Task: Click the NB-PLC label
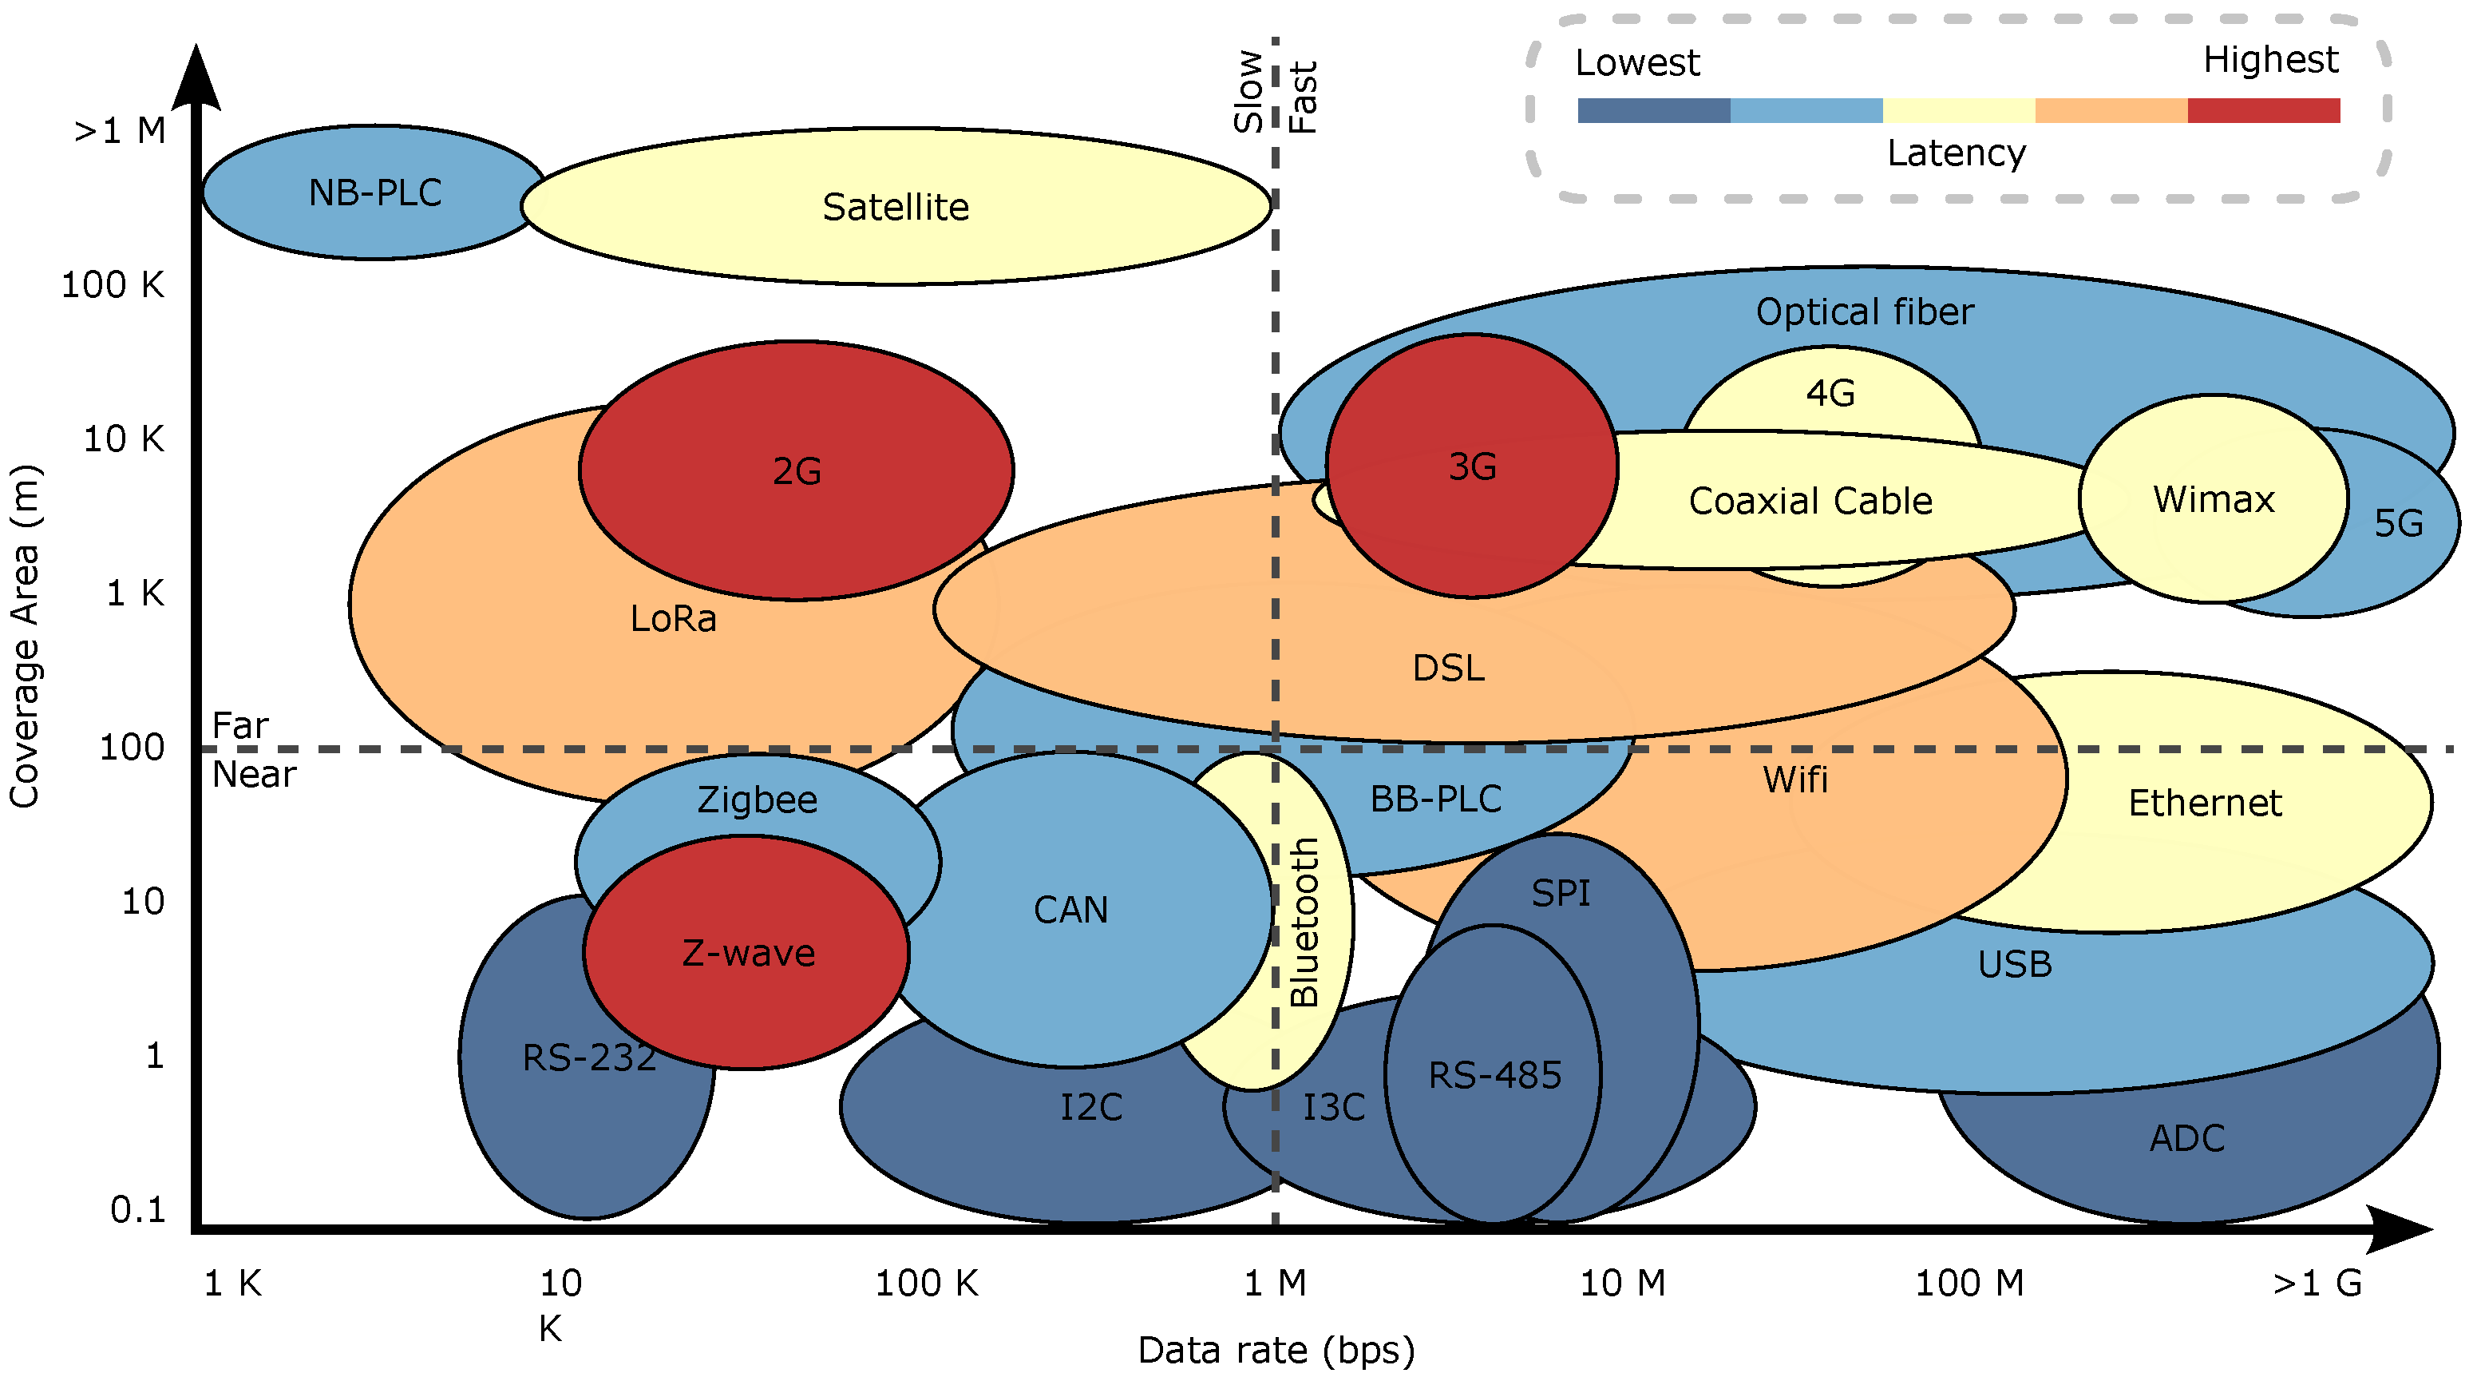coord(374,193)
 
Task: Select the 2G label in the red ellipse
coord(797,470)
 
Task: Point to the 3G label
coord(1472,466)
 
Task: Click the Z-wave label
coord(748,953)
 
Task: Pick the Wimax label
coord(2213,499)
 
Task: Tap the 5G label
coord(2398,523)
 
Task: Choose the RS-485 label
coord(1495,1075)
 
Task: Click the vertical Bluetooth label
coord(1304,922)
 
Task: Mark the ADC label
coord(2187,1138)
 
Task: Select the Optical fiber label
coord(1865,312)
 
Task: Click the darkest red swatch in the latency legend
coord(2263,110)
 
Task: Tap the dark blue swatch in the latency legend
coord(1653,110)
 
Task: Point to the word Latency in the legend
coord(1956,153)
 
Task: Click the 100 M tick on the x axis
coord(1969,1283)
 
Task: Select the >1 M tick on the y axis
coord(120,131)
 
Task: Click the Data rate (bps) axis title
coord(1276,1350)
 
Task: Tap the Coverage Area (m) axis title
coord(24,636)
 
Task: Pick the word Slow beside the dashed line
coord(1248,91)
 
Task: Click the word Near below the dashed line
coord(253,774)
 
